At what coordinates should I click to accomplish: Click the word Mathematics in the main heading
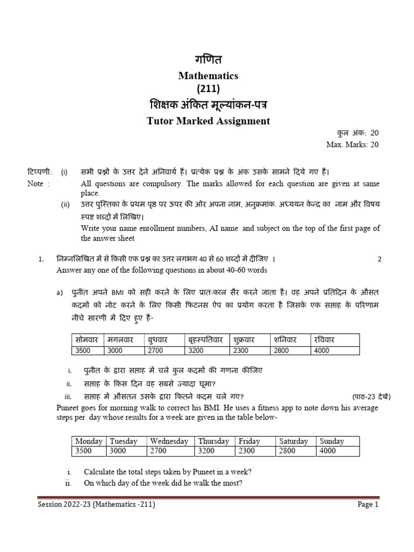[x=208, y=76]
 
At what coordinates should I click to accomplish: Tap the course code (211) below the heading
[x=208, y=89]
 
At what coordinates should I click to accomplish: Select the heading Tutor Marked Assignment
[x=208, y=121]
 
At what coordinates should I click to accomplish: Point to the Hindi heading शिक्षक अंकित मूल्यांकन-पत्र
[x=208, y=105]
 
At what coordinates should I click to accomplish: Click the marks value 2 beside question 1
[x=379, y=259]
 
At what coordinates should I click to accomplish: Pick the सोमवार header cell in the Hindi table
[x=87, y=341]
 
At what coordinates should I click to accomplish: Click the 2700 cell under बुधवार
[x=156, y=350]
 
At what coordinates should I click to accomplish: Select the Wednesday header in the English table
[x=169, y=441]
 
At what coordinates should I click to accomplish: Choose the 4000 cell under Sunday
[x=328, y=451]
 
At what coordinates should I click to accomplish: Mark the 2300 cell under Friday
[x=247, y=451]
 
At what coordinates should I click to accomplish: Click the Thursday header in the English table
[x=213, y=441]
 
